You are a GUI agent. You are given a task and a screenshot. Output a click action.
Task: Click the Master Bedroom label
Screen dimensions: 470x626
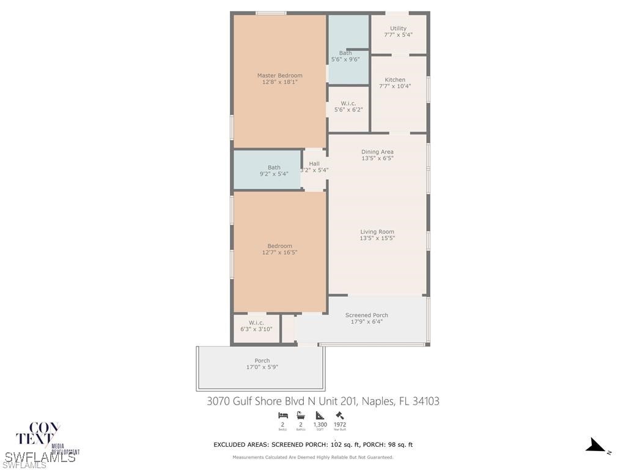pos(279,75)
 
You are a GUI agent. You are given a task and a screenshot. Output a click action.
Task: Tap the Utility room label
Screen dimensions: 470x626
pos(398,28)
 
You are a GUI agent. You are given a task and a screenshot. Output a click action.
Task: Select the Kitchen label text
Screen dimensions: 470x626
pos(395,80)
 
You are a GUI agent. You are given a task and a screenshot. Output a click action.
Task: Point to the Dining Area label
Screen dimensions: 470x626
pos(377,152)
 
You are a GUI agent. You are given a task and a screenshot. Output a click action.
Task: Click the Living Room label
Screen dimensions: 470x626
pos(377,232)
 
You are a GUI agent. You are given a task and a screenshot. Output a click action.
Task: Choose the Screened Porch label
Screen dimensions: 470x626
pos(367,315)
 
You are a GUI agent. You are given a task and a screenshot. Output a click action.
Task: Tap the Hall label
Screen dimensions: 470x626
pos(314,163)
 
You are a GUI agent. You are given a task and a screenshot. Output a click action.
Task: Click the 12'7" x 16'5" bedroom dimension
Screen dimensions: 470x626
pos(279,252)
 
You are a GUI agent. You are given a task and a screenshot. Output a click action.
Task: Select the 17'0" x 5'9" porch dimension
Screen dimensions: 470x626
pos(262,367)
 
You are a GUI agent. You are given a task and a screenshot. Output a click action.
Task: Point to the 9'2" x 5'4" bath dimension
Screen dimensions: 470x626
pos(274,174)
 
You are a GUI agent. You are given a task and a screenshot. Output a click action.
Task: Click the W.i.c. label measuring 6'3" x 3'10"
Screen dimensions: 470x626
pos(256,323)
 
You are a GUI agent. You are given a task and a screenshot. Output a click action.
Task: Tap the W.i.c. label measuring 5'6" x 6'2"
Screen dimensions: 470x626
pos(348,103)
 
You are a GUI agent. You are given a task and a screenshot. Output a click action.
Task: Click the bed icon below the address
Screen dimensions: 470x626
pos(282,415)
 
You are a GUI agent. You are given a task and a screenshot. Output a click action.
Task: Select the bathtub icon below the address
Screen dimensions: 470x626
pos(301,415)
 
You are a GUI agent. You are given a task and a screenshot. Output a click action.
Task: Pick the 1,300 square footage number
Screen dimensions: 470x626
pos(320,424)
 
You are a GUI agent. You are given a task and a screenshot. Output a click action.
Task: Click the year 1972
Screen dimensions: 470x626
pos(340,424)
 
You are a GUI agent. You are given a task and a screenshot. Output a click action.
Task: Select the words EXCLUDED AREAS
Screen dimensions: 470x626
pos(239,444)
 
